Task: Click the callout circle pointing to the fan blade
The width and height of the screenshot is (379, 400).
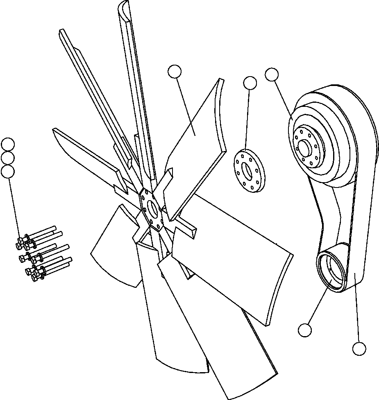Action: click(175, 71)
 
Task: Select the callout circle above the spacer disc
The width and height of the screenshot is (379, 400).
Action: click(250, 83)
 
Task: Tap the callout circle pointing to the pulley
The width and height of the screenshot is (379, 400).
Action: click(272, 74)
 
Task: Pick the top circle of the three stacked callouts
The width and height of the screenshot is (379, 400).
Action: click(8, 144)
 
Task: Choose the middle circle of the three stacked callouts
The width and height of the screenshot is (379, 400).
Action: click(8, 158)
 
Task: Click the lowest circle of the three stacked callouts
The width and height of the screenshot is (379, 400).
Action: click(8, 171)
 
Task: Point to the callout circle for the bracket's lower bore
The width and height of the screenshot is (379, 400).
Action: click(305, 330)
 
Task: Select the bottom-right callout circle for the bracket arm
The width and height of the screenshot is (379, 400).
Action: click(359, 349)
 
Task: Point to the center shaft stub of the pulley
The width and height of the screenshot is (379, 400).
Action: click(305, 147)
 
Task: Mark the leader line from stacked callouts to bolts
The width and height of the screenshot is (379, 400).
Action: click(14, 205)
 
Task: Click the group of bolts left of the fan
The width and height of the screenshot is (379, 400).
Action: click(41, 254)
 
